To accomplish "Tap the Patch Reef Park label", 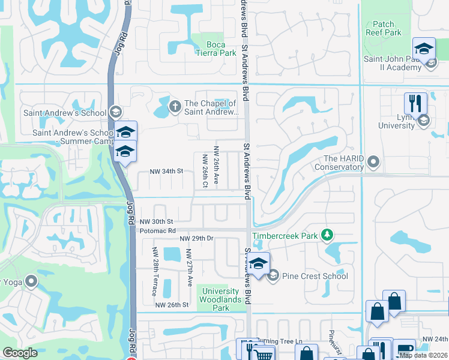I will click(x=383, y=28).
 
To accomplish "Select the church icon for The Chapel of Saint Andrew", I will click(x=175, y=107).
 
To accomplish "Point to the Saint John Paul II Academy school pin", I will click(x=424, y=49).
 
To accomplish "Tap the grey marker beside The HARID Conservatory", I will click(x=374, y=162).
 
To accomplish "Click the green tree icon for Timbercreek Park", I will click(x=327, y=235).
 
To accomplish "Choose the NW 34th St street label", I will click(x=165, y=171).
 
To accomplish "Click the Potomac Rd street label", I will click(x=157, y=230).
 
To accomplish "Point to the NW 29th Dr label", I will click(x=197, y=239).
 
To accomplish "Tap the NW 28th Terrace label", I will click(x=155, y=271).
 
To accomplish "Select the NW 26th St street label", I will click(x=172, y=305).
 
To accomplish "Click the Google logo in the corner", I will click(x=20, y=353).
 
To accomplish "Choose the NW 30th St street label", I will click(x=157, y=221).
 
